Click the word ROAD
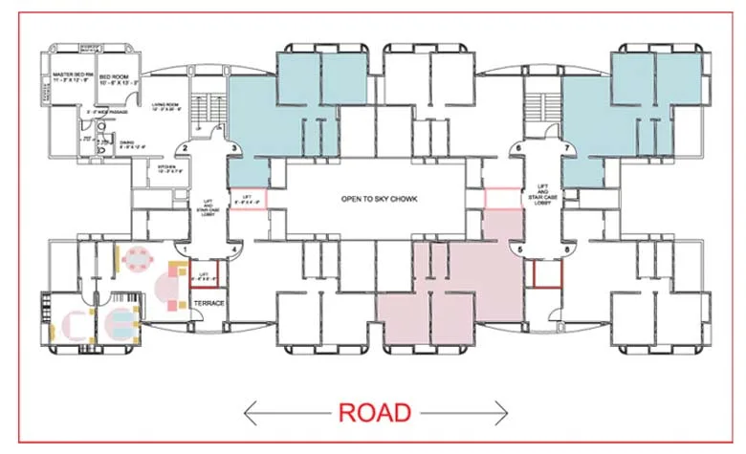pyautogui.click(x=374, y=412)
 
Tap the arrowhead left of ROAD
pyautogui.click(x=251, y=413)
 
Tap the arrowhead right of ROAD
pyautogui.click(x=503, y=413)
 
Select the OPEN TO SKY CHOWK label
pyautogui.click(x=380, y=200)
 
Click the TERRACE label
pyautogui.click(x=208, y=303)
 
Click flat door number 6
pyautogui.click(x=517, y=148)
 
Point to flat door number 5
pyautogui.click(x=520, y=250)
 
